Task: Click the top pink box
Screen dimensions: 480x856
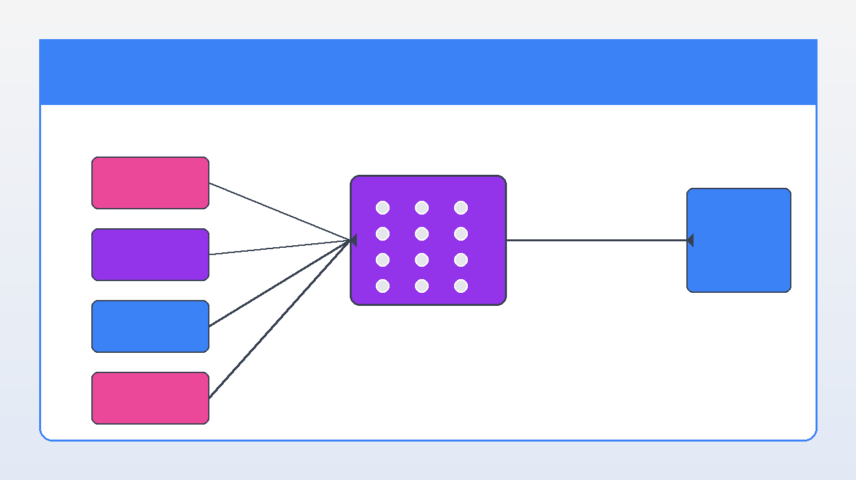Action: [150, 183]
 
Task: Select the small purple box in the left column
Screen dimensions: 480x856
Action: [150, 254]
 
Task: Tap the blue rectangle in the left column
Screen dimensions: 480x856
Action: [150, 326]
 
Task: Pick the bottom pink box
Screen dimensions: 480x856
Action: [150, 398]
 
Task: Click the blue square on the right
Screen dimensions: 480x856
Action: [739, 240]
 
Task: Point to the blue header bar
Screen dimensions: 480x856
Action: [428, 72]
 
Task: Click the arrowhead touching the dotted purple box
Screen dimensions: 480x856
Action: [354, 240]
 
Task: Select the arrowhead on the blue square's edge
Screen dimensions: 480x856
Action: [690, 240]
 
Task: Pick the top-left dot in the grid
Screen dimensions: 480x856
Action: [383, 207]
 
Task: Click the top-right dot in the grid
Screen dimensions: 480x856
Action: [461, 207]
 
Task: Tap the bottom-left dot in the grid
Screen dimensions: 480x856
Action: [383, 286]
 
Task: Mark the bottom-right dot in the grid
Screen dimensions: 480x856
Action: [461, 286]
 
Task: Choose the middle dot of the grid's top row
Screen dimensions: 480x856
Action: [421, 207]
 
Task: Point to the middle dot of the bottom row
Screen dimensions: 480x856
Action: [421, 286]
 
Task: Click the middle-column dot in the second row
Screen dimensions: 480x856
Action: [421, 233]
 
